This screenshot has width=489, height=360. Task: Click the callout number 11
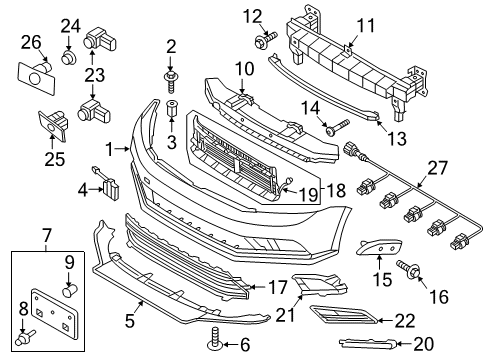click(366, 26)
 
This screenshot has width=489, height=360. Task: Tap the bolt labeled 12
click(266, 39)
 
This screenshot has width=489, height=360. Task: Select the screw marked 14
click(337, 127)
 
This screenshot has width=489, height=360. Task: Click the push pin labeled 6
click(215, 340)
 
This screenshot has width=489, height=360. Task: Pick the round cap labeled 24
click(69, 57)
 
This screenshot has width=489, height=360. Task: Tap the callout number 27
click(437, 168)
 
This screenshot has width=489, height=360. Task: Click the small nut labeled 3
click(171, 108)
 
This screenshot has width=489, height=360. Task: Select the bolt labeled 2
click(170, 81)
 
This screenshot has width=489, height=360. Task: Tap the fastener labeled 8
click(26, 337)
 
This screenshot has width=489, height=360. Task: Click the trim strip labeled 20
click(368, 343)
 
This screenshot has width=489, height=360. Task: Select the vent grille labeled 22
click(345, 314)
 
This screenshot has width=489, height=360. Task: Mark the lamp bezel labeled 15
click(379, 247)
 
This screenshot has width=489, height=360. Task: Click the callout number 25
click(55, 159)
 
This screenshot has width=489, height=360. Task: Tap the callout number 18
click(336, 190)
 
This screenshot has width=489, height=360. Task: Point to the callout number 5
click(130, 321)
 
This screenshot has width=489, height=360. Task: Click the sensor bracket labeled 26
click(36, 77)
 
